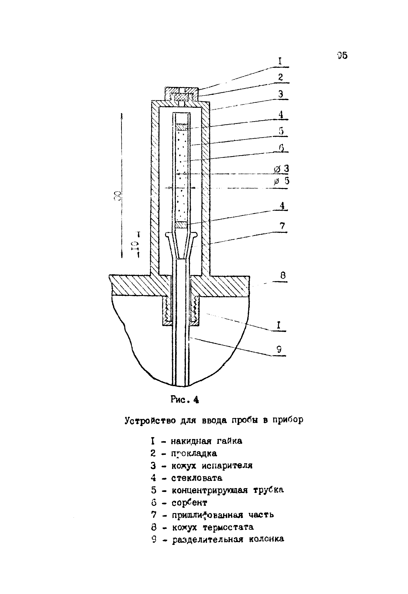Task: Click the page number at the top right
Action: pyautogui.click(x=342, y=56)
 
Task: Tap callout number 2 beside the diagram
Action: pyautogui.click(x=281, y=77)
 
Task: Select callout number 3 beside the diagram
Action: pyautogui.click(x=281, y=94)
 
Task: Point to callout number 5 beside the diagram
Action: pyautogui.click(x=281, y=131)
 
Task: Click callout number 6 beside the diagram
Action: pyautogui.click(x=281, y=148)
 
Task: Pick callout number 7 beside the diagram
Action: pyautogui.click(x=282, y=226)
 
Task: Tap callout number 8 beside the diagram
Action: pyautogui.click(x=283, y=275)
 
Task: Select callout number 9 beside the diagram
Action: pyautogui.click(x=279, y=349)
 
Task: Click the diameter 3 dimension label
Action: pyautogui.click(x=282, y=169)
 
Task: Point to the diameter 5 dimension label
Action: pyautogui.click(x=282, y=181)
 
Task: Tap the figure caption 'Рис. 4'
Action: pyautogui.click(x=184, y=399)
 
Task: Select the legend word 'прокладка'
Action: pyautogui.click(x=194, y=453)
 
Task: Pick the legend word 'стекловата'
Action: pyautogui.click(x=197, y=478)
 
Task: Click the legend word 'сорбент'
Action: pyautogui.click(x=189, y=502)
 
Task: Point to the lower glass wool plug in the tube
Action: pyautogui.click(x=182, y=225)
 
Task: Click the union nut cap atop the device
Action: pyautogui.click(x=182, y=93)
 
